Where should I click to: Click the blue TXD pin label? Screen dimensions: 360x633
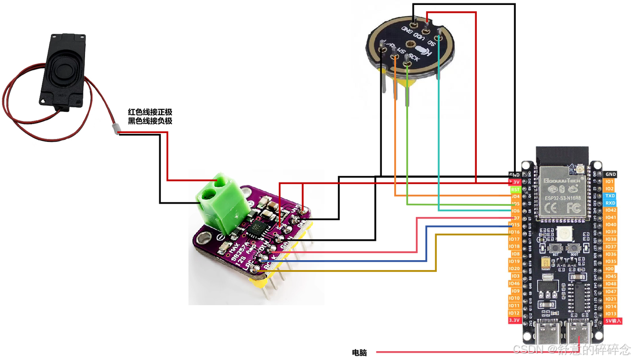(611, 196)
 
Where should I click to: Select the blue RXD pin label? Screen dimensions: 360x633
(611, 203)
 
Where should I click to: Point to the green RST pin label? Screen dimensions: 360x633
(515, 189)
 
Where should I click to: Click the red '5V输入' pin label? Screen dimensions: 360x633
(611, 320)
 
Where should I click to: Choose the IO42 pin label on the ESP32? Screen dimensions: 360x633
(611, 210)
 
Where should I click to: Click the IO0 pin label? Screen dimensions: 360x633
(611, 269)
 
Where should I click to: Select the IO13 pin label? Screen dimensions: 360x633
(611, 314)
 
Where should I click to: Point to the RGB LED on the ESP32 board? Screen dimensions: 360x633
(563, 233)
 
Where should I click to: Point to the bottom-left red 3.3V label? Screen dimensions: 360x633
(515, 320)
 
